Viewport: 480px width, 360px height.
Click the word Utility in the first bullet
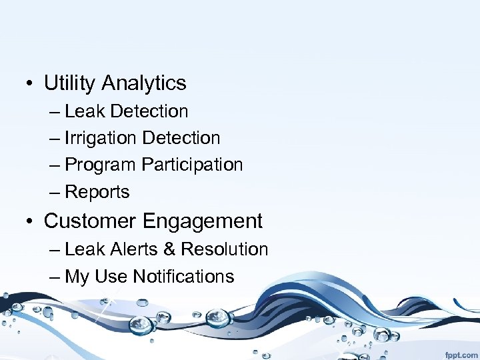71,83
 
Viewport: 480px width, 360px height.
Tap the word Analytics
144,83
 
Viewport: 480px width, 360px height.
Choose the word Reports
97,193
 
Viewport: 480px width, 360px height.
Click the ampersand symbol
169,249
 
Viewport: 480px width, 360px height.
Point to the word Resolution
225,249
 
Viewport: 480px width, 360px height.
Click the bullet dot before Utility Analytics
31,84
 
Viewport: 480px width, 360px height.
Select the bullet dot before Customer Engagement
31,221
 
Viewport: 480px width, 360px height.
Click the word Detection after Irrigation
181,138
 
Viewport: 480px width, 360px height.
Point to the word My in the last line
77,277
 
